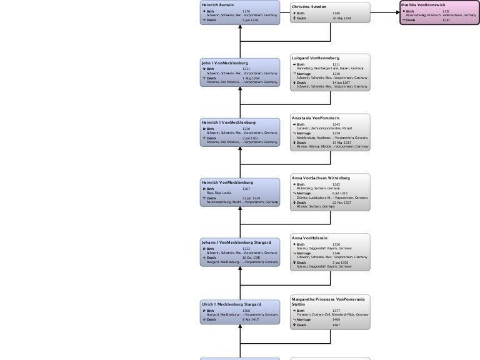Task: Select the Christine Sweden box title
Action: [309, 6]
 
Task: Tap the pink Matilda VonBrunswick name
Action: [423, 4]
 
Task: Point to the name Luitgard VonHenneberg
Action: [316, 58]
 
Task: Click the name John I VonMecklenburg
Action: [225, 63]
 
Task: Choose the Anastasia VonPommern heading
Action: [316, 117]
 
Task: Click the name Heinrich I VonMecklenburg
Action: [228, 122]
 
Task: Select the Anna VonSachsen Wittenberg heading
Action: [321, 178]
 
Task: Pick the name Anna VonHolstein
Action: [310, 238]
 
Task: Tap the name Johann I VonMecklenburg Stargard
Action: [235, 241]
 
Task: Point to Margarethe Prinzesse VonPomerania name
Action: [328, 299]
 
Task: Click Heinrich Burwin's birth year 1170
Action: [246, 11]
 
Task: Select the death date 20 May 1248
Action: [342, 18]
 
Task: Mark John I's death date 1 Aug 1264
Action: [251, 77]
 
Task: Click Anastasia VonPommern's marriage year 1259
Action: [336, 132]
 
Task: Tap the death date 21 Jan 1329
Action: [251, 198]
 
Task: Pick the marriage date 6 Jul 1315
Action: [340, 193]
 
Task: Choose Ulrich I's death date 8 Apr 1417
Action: [251, 319]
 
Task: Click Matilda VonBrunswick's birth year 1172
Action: [446, 11]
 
